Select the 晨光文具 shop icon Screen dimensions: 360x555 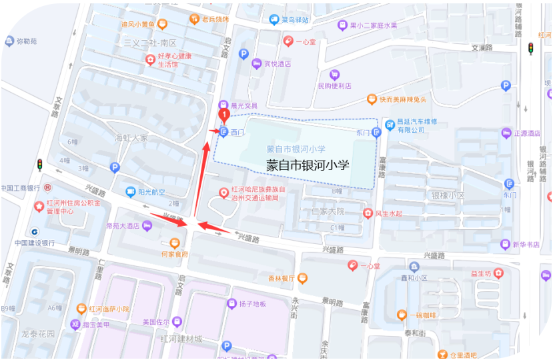223,105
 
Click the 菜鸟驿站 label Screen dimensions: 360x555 296,20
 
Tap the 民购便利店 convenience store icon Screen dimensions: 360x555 335,74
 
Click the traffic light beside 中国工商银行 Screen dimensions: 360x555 39,165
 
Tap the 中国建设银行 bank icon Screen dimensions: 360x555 35,231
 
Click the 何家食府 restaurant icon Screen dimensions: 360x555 175,243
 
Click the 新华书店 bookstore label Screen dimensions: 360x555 526,245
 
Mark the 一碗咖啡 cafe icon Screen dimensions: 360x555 401,315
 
